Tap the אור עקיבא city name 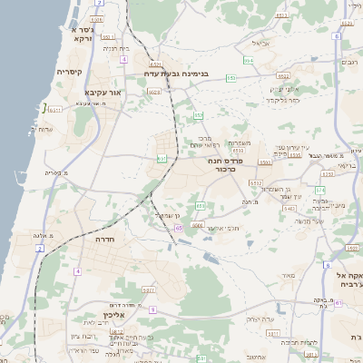pos(103,92)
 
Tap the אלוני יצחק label pos(285,89)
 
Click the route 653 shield pos(231,78)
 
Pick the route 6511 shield pos(54,110)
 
